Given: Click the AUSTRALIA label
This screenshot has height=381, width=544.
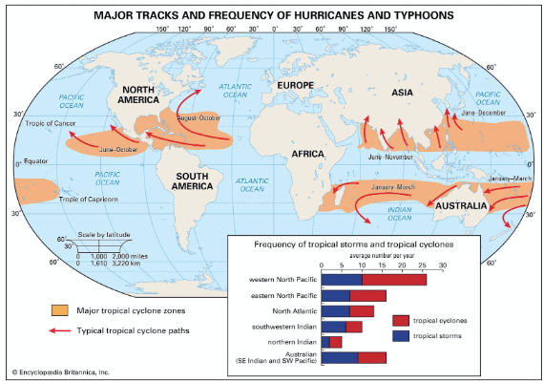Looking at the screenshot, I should (463, 206).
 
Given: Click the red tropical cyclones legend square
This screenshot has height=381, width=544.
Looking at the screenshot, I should (400, 319).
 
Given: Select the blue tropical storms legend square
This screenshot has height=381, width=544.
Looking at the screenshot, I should (400, 337).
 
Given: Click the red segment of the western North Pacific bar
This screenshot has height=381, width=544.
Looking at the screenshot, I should (394, 279).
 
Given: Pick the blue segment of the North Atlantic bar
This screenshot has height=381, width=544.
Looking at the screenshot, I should (336, 310).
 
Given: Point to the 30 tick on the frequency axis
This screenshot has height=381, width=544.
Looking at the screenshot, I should (443, 266).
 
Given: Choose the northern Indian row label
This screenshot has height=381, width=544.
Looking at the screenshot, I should (292, 341).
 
